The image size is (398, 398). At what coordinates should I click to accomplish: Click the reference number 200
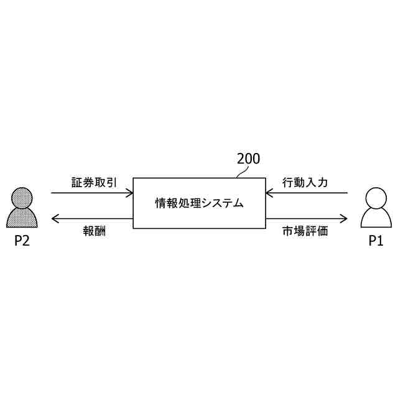[248, 159]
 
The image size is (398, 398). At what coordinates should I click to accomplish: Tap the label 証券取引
[94, 183]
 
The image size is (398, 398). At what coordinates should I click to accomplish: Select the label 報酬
[95, 231]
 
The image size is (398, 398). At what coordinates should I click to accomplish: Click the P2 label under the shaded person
[22, 241]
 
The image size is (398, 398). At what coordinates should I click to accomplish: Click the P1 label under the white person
[376, 241]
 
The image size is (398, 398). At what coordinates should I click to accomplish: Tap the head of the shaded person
[22, 198]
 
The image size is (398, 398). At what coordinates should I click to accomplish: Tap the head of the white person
[376, 198]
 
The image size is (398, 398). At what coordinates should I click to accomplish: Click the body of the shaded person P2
[22, 218]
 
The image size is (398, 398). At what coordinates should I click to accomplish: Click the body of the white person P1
[376, 219]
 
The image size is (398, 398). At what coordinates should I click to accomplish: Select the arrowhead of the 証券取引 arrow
[130, 193]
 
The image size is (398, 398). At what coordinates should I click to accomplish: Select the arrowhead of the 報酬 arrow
[55, 218]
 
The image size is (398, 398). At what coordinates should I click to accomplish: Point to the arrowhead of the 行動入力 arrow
[269, 193]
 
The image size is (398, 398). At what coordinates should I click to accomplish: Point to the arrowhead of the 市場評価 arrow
[344, 218]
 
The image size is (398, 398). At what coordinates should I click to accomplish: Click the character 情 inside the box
[160, 203]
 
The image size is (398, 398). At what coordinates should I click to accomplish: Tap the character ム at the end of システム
[238, 203]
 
